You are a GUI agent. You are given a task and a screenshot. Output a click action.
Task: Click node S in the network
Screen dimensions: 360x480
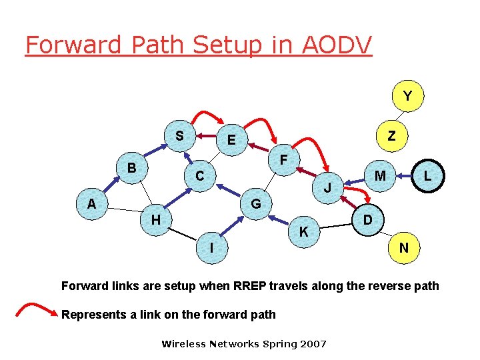[179, 135]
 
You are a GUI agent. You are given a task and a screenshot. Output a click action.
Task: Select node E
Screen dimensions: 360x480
[231, 140]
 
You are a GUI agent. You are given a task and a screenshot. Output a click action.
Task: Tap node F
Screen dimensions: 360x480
[283, 161]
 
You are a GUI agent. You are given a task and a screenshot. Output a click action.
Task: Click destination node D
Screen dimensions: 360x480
[367, 219]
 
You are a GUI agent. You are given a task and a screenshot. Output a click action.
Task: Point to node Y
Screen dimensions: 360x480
[407, 97]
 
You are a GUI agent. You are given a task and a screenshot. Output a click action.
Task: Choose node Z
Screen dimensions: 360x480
[392, 136]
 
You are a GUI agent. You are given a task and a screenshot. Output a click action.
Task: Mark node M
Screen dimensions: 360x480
[380, 175]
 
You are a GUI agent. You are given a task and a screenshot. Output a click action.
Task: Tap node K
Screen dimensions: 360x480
[303, 232]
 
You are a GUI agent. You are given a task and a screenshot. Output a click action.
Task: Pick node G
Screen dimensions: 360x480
[256, 203]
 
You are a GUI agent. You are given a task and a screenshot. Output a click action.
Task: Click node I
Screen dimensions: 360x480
[211, 247]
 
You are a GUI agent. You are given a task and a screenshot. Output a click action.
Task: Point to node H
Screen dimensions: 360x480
[155, 219]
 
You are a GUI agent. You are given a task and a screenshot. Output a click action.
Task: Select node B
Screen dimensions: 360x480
[132, 167]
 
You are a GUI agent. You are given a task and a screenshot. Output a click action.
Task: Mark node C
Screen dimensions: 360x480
[199, 176]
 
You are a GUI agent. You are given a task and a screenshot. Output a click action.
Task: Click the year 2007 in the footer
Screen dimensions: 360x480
[313, 344]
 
